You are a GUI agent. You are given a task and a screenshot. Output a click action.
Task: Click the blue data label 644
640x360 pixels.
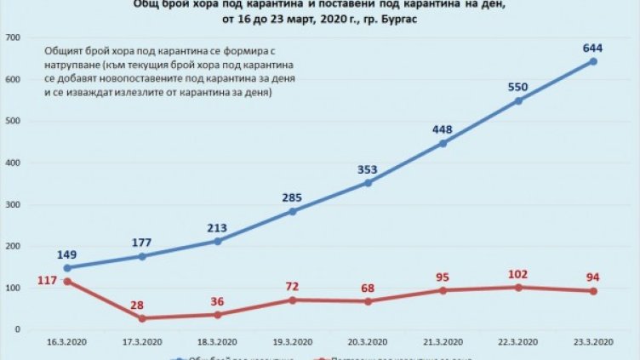tap(592, 48)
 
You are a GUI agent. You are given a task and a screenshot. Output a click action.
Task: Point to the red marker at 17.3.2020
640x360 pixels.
tap(141, 318)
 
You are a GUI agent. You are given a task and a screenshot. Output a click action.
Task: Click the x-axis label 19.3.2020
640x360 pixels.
tap(292, 342)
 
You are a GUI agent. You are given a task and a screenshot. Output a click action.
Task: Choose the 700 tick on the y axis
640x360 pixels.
tap(14, 38)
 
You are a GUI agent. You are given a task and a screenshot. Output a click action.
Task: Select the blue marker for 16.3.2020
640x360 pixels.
tap(66, 268)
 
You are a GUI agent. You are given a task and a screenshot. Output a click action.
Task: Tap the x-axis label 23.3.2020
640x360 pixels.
tap(593, 342)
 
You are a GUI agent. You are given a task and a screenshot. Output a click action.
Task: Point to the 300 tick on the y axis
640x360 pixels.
tap(14, 205)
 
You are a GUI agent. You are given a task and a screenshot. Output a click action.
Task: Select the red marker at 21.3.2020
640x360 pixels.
tap(443, 290)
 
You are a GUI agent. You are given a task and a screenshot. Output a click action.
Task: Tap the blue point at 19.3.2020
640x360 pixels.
tap(292, 211)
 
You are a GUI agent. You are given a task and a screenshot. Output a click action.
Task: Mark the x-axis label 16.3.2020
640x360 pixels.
tap(66, 342)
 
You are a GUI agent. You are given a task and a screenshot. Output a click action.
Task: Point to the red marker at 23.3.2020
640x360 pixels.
tap(593, 291)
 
